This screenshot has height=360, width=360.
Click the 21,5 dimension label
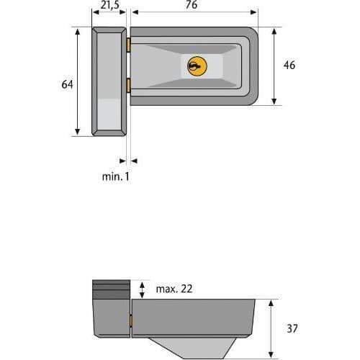point(110,5)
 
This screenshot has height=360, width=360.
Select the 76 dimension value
point(192,5)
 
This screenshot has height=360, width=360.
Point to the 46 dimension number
point(289,65)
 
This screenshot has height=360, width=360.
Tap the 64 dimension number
point(67,84)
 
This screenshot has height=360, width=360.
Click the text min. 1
point(116,177)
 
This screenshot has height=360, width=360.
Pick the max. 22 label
point(174,289)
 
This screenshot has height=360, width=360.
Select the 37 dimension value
point(292,328)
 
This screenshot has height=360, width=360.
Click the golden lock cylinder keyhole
point(197,66)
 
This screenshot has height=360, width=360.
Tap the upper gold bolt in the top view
point(129,45)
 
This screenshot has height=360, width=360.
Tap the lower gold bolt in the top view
point(129,86)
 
